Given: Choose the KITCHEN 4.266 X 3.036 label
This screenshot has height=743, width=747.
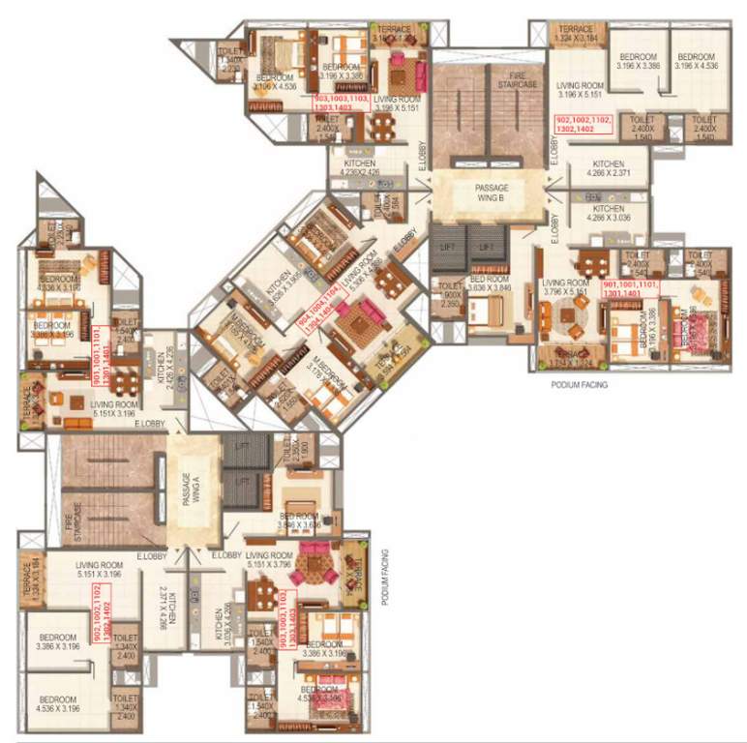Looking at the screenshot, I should [608, 214].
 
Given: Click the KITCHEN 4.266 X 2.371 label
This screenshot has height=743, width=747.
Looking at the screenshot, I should [608, 169].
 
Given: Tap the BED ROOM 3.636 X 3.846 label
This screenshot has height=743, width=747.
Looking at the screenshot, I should [490, 283].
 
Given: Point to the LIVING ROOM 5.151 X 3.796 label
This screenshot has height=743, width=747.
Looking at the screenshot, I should [269, 560].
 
